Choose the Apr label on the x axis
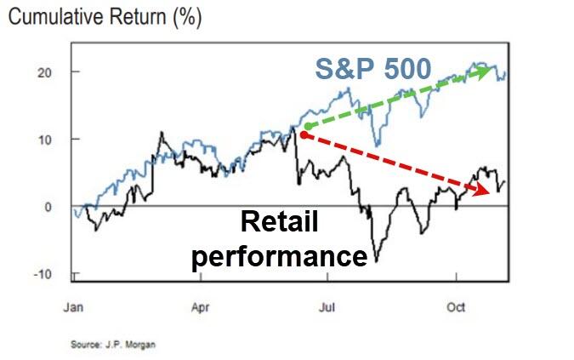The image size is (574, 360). (x=201, y=308)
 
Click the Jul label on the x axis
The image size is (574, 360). (x=326, y=308)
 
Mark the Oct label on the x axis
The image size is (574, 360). (x=457, y=308)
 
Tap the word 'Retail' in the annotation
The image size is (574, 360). (x=279, y=224)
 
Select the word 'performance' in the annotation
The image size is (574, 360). (x=279, y=254)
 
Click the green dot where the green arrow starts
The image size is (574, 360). (x=307, y=127)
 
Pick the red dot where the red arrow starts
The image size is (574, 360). (x=304, y=134)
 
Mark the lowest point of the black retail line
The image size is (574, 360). (x=376, y=260)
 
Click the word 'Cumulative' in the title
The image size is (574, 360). (x=58, y=16)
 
